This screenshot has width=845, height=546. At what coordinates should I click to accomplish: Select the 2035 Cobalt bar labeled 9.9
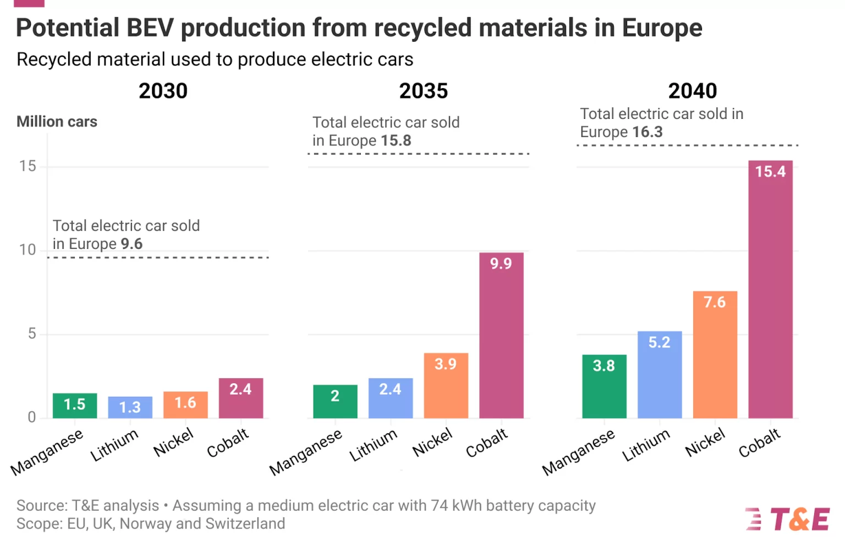501,335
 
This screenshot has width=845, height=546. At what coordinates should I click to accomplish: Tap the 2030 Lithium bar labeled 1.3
130,407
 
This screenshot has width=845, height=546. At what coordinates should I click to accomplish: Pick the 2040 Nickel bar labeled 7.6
715,354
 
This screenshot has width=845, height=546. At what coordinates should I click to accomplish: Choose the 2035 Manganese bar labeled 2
335,401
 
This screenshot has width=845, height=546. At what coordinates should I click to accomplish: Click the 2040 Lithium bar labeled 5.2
659,374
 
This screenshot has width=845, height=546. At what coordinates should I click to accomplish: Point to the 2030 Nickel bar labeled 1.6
185,405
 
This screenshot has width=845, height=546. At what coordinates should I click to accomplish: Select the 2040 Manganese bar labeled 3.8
604,386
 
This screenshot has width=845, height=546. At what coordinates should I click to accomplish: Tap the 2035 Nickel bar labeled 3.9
446,385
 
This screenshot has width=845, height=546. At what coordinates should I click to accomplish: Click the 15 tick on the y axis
28,166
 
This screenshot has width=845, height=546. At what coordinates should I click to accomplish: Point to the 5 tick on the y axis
32,334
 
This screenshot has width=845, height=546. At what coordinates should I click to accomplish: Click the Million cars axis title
57,122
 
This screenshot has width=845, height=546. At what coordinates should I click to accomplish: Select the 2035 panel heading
424,91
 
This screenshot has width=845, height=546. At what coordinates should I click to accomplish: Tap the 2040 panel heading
693,91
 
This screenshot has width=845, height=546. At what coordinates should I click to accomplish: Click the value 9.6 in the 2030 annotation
131,244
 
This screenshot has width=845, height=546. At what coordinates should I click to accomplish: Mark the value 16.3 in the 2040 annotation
648,132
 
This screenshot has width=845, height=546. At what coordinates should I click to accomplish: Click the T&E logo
788,519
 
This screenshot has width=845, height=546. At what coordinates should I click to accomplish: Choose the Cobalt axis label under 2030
228,443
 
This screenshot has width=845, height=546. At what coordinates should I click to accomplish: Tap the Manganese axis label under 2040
578,452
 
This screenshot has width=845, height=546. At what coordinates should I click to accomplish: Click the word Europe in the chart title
662,28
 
